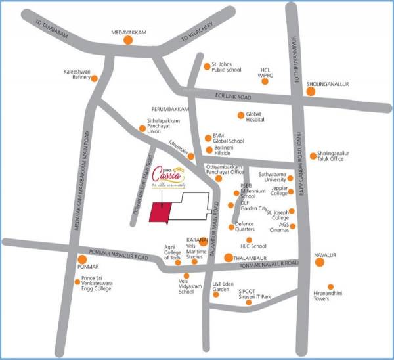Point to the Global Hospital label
tap(254, 117)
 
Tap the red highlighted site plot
tap(159, 213)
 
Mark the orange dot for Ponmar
tap(82, 259)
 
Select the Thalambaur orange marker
tap(228, 258)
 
